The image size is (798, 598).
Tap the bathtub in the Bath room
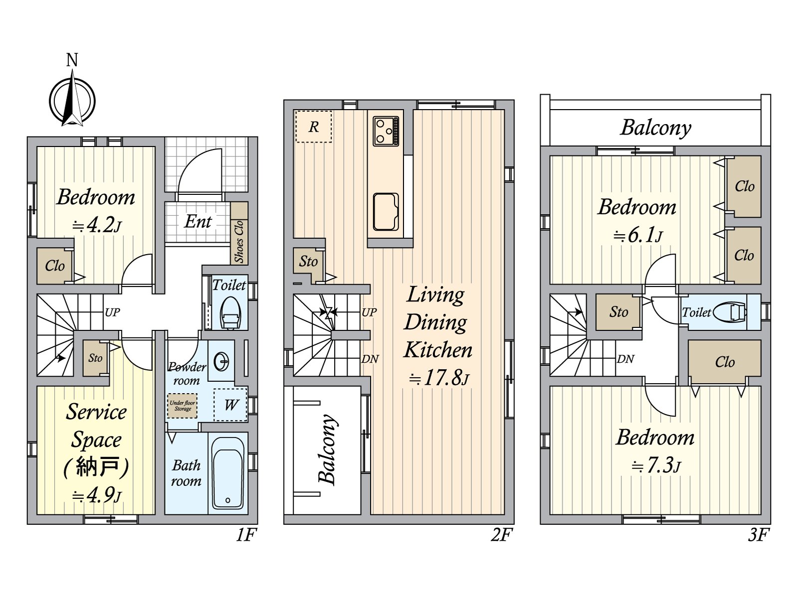pyautogui.click(x=228, y=473)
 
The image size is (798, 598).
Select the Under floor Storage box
pyautogui.click(x=182, y=406)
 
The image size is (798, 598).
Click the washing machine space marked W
pyautogui.click(x=230, y=405)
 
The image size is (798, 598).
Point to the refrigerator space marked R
pyautogui.click(x=313, y=127)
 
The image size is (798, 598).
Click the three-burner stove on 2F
pyautogui.click(x=386, y=131)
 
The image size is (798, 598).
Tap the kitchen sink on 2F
pyautogui.click(x=386, y=212)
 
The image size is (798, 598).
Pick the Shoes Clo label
pyautogui.click(x=239, y=242)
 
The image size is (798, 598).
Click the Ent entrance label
pyautogui.click(x=198, y=221)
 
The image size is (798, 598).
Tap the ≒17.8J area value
pyautogui.click(x=439, y=378)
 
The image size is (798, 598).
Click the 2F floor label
pyautogui.click(x=502, y=535)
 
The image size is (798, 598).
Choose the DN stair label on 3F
pyautogui.click(x=625, y=359)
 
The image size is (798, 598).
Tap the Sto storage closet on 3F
pyautogui.click(x=618, y=312)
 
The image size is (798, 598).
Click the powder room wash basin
pyautogui.click(x=221, y=362)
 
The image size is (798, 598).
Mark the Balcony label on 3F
pyautogui.click(x=655, y=128)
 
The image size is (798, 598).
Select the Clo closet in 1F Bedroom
pyautogui.click(x=55, y=266)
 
